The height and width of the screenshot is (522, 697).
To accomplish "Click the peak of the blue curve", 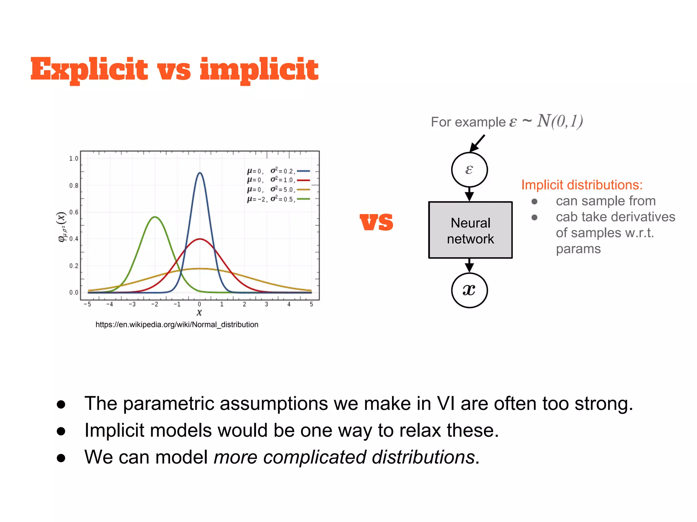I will (200, 173).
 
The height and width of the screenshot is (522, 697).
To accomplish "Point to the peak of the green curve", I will (155, 217).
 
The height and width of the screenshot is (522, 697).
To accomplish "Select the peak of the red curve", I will (200, 239).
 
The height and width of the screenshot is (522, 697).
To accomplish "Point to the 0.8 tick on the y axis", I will (74, 186).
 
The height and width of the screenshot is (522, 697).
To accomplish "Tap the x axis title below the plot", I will (199, 312).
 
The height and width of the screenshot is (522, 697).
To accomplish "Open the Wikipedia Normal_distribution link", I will (177, 325).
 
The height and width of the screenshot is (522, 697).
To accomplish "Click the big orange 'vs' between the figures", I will (376, 222).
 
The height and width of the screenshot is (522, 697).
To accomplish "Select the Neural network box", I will (470, 230).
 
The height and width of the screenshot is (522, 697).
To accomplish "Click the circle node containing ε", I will (469, 170).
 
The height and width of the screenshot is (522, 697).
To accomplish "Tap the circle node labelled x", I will (469, 290).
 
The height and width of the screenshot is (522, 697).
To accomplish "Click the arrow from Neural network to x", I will (469, 265).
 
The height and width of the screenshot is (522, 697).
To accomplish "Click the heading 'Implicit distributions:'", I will (582, 185).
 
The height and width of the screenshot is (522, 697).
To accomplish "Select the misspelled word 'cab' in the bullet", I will (566, 217).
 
